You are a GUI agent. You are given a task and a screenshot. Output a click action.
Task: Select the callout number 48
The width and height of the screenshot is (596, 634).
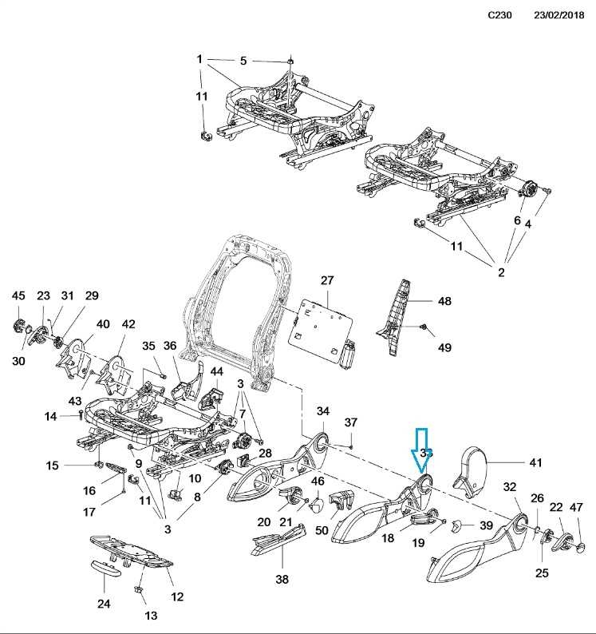click(x=444, y=301)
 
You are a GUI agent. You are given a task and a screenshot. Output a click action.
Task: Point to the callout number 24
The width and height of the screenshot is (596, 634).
click(x=104, y=604)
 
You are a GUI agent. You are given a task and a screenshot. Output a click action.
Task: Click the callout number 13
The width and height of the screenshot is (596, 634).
click(x=151, y=616)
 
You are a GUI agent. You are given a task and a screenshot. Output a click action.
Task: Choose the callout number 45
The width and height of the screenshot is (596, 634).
click(x=18, y=296)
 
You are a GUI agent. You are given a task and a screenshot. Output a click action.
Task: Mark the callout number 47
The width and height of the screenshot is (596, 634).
click(x=576, y=506)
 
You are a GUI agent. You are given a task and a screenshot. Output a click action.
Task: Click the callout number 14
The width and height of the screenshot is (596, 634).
click(x=50, y=416)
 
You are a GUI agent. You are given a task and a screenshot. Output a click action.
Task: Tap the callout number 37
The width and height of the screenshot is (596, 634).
click(x=351, y=422)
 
